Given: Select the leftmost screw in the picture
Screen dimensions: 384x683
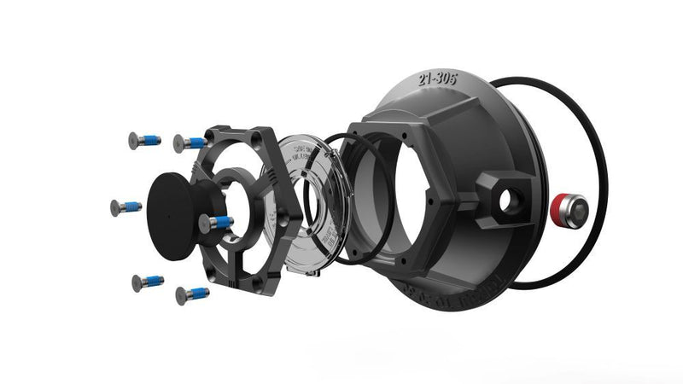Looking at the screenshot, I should (x=126, y=207).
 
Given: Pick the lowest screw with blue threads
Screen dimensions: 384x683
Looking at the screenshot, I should (x=191, y=295).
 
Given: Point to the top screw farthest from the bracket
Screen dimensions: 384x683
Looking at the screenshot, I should (x=144, y=140).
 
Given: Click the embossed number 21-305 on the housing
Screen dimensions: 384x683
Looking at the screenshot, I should (x=437, y=79).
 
